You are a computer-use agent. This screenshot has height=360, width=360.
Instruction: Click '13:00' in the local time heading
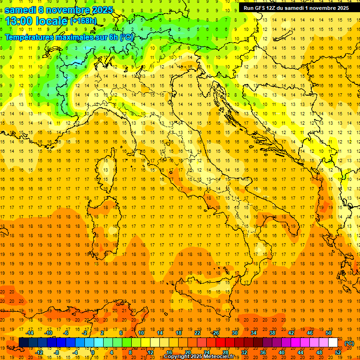(19, 21)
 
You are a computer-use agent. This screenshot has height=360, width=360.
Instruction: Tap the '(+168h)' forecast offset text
(83, 21)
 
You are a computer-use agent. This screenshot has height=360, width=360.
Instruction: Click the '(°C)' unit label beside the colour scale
(349, 343)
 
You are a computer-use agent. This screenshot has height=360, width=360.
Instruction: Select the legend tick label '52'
(338, 352)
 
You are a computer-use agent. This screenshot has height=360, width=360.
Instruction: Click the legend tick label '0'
(92, 352)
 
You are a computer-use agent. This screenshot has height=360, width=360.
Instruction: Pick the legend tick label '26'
(216, 333)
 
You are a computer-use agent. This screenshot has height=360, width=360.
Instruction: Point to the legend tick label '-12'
(39, 352)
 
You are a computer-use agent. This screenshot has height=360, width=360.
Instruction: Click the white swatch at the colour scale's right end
(333, 343)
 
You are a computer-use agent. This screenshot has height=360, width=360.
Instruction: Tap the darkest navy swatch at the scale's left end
(23, 343)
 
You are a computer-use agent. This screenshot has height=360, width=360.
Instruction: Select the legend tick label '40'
(281, 352)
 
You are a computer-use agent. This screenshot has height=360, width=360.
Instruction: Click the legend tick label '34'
(253, 333)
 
